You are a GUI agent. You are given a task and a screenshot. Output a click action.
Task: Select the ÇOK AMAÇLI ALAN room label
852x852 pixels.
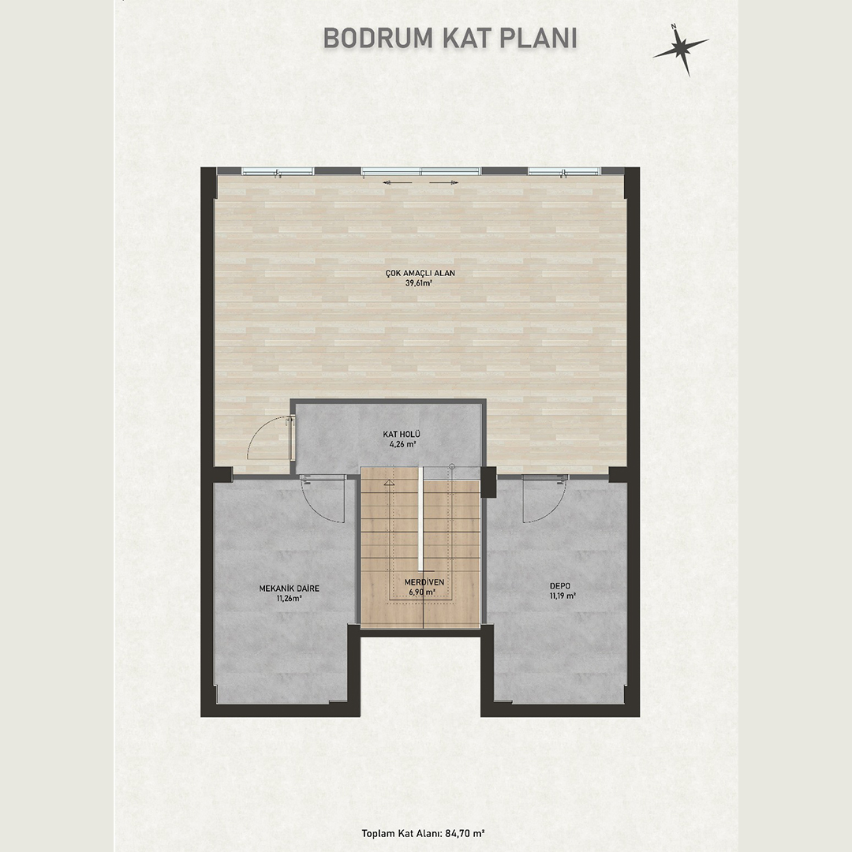coord(420,273)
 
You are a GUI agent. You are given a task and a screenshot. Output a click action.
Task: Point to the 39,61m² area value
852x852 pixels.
coord(418,283)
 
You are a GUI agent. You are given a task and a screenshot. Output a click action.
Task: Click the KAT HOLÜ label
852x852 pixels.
coord(402,434)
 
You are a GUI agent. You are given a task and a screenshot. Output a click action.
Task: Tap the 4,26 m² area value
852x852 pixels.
coord(402,444)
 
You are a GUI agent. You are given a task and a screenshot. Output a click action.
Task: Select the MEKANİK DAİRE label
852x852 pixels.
coord(289,589)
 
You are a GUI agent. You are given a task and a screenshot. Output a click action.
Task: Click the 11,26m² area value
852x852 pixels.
coord(289,598)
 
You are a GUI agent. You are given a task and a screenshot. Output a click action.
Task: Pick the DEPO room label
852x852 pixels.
coord(560,585)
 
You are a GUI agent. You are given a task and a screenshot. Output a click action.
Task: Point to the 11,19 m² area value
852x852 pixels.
coord(562,596)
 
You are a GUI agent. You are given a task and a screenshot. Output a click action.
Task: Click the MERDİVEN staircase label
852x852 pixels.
coord(424,582)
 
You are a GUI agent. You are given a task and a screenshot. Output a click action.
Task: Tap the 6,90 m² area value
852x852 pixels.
coord(422,592)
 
